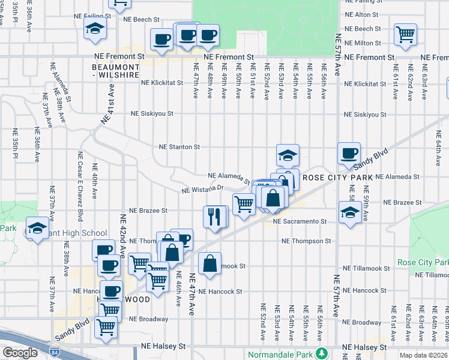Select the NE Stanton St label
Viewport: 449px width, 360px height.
[179, 146]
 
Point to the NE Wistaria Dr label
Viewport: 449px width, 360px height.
[203, 190]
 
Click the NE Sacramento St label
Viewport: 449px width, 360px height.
[299, 221]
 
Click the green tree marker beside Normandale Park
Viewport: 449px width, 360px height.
[322, 352]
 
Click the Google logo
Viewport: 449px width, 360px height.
[20, 353]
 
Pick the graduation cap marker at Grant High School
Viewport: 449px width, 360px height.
[37, 229]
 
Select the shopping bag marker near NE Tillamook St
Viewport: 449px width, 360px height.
[209, 263]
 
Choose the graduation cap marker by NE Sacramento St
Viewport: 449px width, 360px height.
[351, 212]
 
